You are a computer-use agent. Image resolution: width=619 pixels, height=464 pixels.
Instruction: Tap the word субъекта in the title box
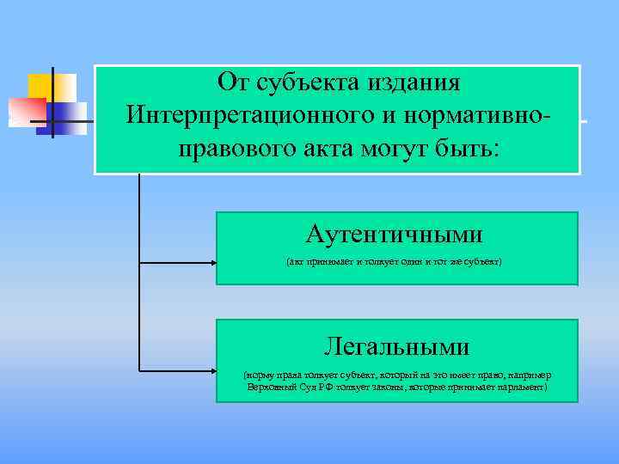(300, 83)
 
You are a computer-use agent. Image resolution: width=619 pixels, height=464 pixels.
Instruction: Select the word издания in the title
(414, 83)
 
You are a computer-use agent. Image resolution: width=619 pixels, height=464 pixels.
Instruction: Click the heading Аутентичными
(395, 234)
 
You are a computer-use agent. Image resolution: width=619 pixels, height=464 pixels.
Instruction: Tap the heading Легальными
(396, 346)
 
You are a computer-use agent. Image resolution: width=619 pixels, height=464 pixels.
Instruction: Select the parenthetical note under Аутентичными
(395, 259)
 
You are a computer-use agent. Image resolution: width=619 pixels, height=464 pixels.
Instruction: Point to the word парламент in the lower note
(518, 388)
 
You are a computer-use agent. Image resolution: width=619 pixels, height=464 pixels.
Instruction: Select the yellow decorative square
(47, 85)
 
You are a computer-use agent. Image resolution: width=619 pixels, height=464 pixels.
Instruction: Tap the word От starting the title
(232, 83)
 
